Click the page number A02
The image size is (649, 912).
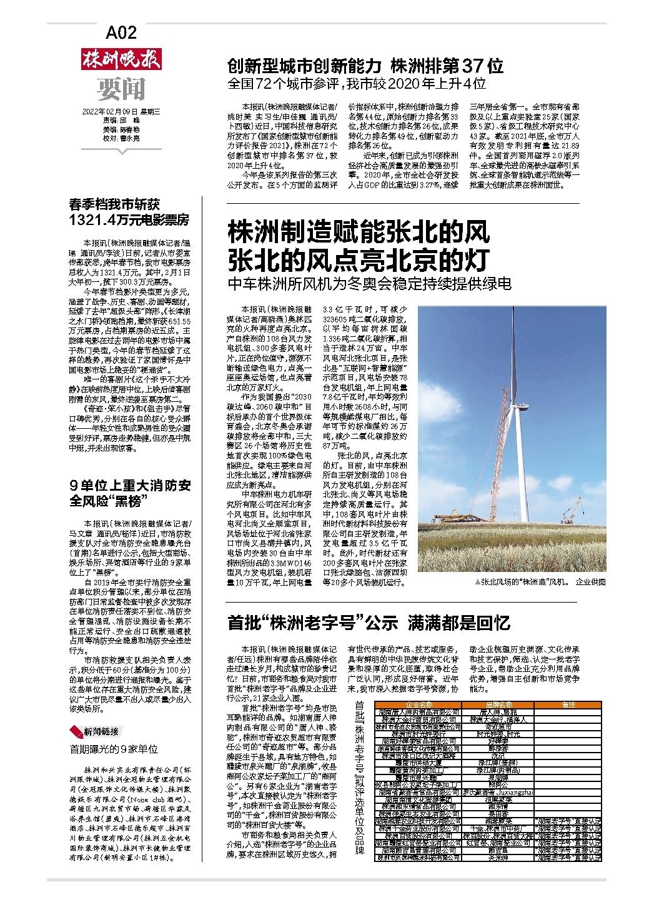[121, 33]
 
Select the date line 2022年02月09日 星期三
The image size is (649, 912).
[122, 113]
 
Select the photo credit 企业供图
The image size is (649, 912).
[590, 582]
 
